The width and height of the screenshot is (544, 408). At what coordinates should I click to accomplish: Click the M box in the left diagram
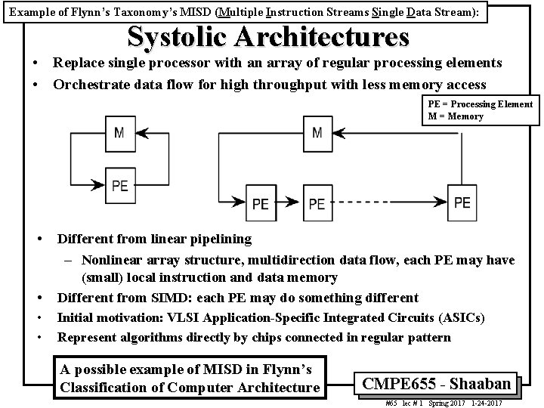pyautogui.click(x=119, y=133)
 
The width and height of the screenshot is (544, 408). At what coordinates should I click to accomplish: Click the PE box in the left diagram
pyautogui.click(x=119, y=184)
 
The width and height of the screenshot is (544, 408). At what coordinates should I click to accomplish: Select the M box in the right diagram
pyautogui.click(x=317, y=133)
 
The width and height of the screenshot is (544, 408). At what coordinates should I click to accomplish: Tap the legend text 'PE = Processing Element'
pyautogui.click(x=478, y=104)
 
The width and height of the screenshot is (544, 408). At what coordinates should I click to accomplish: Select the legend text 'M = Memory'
pyautogui.click(x=453, y=116)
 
